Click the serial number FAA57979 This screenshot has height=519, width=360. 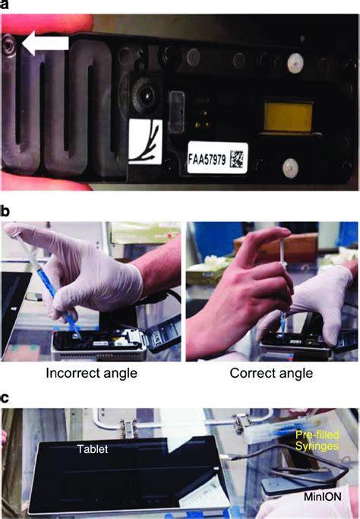point(207,159)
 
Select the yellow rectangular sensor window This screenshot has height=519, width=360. point(289,117)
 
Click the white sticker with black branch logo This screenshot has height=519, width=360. point(145,142)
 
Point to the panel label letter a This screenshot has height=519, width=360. point(4,5)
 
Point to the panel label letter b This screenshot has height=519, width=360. point(5,211)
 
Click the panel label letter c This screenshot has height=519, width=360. point(4,398)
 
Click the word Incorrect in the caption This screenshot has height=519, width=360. point(69,373)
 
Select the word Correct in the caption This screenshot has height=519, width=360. point(250,373)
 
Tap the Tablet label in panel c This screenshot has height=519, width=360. point(93,449)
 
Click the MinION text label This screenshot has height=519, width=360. point(323,496)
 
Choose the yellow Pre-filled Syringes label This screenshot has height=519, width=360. point(317,440)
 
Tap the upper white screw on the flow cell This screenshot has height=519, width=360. point(295,62)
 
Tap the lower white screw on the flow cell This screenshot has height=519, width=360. point(290,167)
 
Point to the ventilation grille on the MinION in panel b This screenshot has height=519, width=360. point(99,355)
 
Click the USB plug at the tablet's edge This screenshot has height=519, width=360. point(229,457)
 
